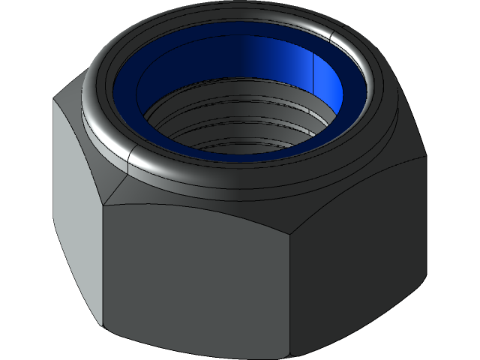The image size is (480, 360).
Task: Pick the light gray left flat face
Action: pos(75,210)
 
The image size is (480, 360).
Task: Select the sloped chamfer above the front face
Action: pos(202,196)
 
